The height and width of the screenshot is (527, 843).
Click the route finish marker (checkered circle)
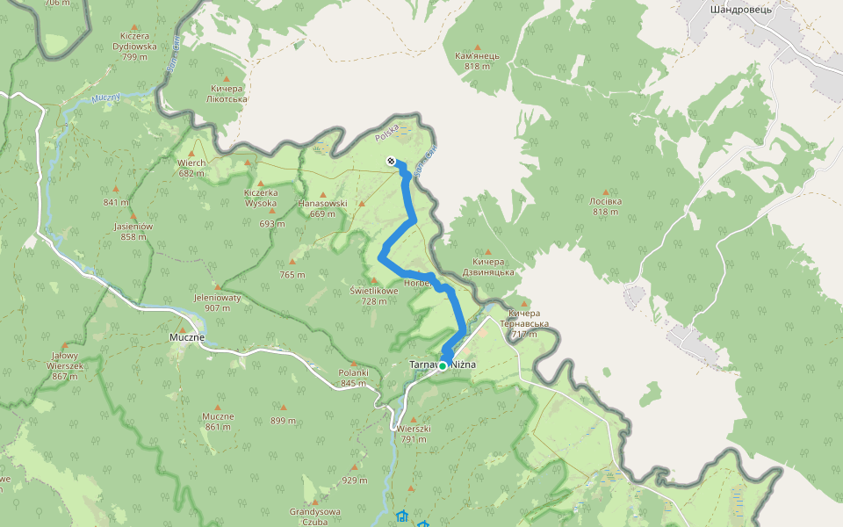391,161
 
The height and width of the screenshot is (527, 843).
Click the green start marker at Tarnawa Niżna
443,365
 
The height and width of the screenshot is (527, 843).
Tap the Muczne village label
187,336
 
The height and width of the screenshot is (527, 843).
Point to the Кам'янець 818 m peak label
477,61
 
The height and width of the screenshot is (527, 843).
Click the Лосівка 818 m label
606,206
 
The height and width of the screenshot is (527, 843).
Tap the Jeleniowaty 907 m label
217,302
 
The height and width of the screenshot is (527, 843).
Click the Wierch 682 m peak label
191,168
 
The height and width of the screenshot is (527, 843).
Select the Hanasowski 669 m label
322,208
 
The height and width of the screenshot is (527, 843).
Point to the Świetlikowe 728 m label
374,295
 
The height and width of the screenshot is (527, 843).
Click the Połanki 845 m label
353,377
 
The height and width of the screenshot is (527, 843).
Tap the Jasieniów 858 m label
133,231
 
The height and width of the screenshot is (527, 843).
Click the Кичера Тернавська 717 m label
524,323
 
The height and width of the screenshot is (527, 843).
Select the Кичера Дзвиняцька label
493,267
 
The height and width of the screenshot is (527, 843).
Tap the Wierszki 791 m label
414,434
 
